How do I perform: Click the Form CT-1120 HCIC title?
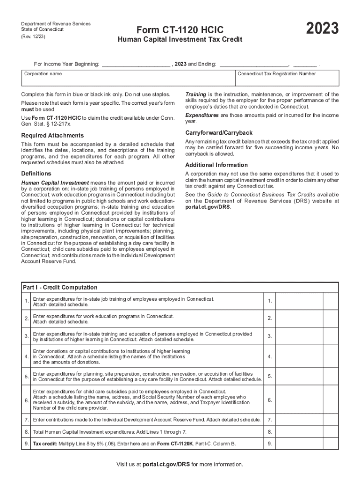(180, 29)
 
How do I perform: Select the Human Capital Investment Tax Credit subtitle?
(180, 40)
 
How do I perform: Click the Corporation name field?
(129, 80)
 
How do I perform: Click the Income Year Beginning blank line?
(136, 64)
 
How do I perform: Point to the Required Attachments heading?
(52, 136)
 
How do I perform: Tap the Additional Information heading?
(216, 165)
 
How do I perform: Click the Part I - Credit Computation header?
(60, 287)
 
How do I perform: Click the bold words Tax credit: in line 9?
(45, 443)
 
